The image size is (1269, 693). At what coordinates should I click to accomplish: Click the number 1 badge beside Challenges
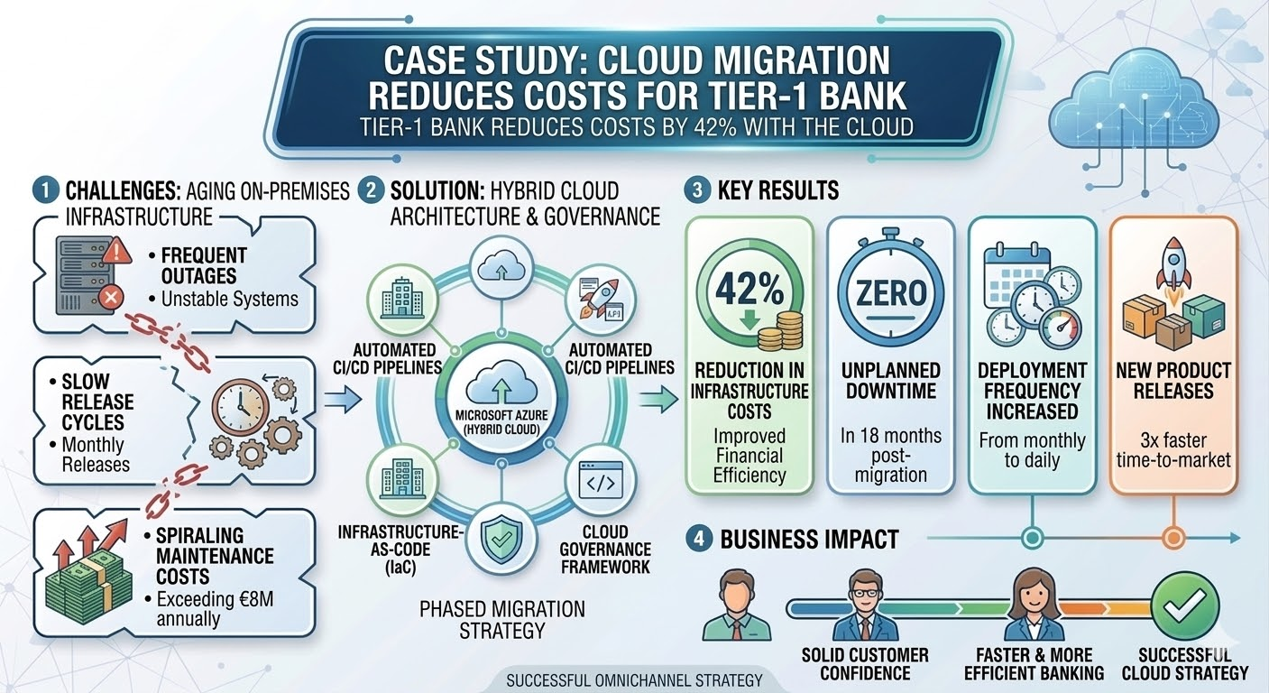[x=43, y=191]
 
